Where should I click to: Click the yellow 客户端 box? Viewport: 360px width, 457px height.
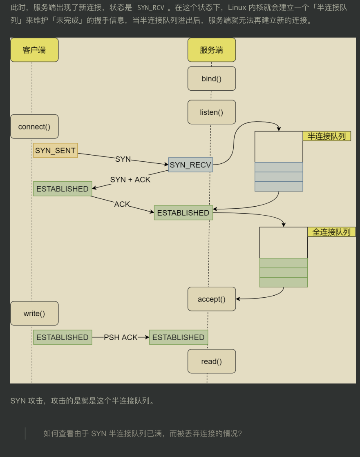[34, 50]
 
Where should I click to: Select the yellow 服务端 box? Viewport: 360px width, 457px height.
[212, 50]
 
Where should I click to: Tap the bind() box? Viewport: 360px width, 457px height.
[212, 78]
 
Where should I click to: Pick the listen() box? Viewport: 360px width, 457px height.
[212, 112]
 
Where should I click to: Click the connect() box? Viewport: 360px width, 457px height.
[34, 127]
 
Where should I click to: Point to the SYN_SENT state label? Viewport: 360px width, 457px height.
[56, 150]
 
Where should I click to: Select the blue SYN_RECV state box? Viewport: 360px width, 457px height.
[191, 165]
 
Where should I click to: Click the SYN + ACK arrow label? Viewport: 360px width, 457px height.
[130, 180]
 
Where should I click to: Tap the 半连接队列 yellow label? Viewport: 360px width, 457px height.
[327, 136]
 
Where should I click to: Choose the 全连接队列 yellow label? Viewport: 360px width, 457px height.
[332, 232]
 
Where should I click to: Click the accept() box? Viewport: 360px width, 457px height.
[212, 299]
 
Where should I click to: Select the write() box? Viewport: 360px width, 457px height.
[34, 313]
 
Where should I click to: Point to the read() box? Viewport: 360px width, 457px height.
[212, 361]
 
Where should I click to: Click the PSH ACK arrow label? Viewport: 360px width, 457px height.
[121, 337]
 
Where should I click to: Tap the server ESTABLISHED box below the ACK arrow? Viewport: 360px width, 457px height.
[183, 213]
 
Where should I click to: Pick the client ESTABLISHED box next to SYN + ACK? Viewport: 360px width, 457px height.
[63, 189]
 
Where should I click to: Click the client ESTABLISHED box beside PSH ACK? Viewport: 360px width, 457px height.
[63, 337]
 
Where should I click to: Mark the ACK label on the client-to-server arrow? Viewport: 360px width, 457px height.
[122, 204]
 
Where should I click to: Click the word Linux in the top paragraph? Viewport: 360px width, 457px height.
[237, 8]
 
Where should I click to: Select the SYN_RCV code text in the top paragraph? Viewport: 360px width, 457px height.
[151, 8]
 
